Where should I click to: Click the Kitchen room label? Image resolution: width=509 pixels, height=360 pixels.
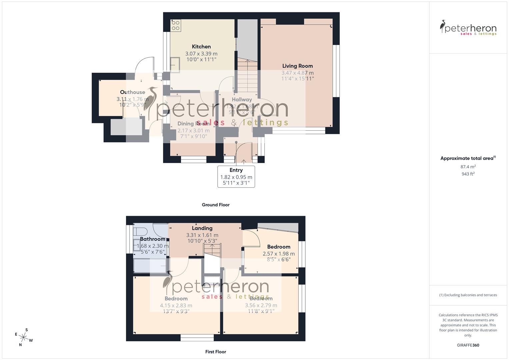point(201,47)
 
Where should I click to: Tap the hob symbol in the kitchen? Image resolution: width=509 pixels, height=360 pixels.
point(176,26)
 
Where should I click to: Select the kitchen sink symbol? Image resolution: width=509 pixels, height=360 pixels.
point(175,65)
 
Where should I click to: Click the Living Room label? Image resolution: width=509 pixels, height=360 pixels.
point(297,66)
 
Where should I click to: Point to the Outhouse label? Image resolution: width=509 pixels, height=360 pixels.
point(132,92)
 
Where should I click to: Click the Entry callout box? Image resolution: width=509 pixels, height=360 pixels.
point(236,176)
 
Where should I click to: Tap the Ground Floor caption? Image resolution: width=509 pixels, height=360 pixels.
point(216,205)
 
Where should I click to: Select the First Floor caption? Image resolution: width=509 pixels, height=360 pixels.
point(216,352)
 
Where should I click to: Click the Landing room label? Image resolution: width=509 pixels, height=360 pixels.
point(202,228)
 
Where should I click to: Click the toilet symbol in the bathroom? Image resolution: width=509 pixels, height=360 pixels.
point(140,231)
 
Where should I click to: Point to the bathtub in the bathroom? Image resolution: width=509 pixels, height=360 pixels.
point(150,266)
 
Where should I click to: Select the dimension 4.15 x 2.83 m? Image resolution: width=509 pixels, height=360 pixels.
point(176,305)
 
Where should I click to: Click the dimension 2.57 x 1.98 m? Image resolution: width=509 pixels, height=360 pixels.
point(279,254)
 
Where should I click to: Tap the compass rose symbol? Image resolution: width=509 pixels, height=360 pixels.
point(24,337)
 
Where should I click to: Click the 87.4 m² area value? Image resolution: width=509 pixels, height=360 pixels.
point(468,167)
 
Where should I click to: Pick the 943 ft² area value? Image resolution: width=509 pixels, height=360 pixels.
point(468,174)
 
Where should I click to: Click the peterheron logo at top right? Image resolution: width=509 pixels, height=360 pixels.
point(468,28)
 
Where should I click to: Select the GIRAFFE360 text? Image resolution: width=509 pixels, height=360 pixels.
point(468,345)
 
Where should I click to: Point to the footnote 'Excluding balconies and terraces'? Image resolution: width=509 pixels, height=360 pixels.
point(468,295)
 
